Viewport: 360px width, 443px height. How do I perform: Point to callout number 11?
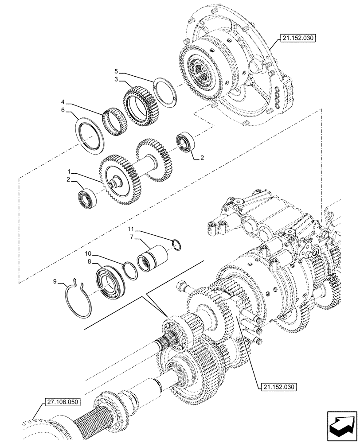[x=131, y=229]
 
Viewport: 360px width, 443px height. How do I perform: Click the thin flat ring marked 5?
[x=167, y=92]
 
